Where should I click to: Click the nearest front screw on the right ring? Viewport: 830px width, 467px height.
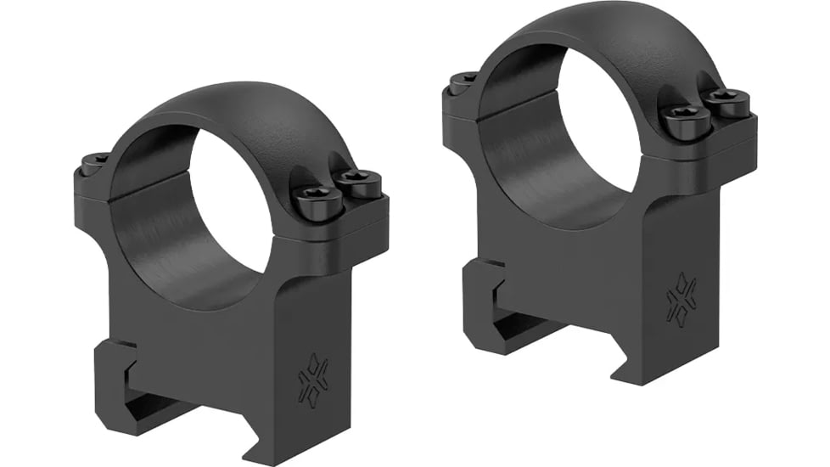click(x=683, y=122)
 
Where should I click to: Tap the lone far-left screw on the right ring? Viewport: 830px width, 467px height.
click(x=463, y=82)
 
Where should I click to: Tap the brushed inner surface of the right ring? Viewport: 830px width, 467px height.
click(x=526, y=144)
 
